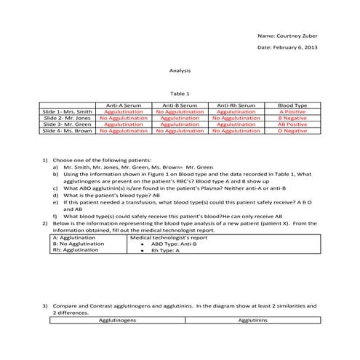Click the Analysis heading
pyautogui.click(x=180, y=71)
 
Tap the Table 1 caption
pyautogui.click(x=180, y=94)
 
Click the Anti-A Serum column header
pyautogui.click(x=124, y=105)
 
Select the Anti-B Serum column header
pyautogui.click(x=180, y=105)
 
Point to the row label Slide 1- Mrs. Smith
pyautogui.click(x=68, y=112)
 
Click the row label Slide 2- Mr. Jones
pyautogui.click(x=68, y=118)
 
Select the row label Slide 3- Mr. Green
pyautogui.click(x=68, y=124)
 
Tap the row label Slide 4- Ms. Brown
pyautogui.click(x=68, y=131)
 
